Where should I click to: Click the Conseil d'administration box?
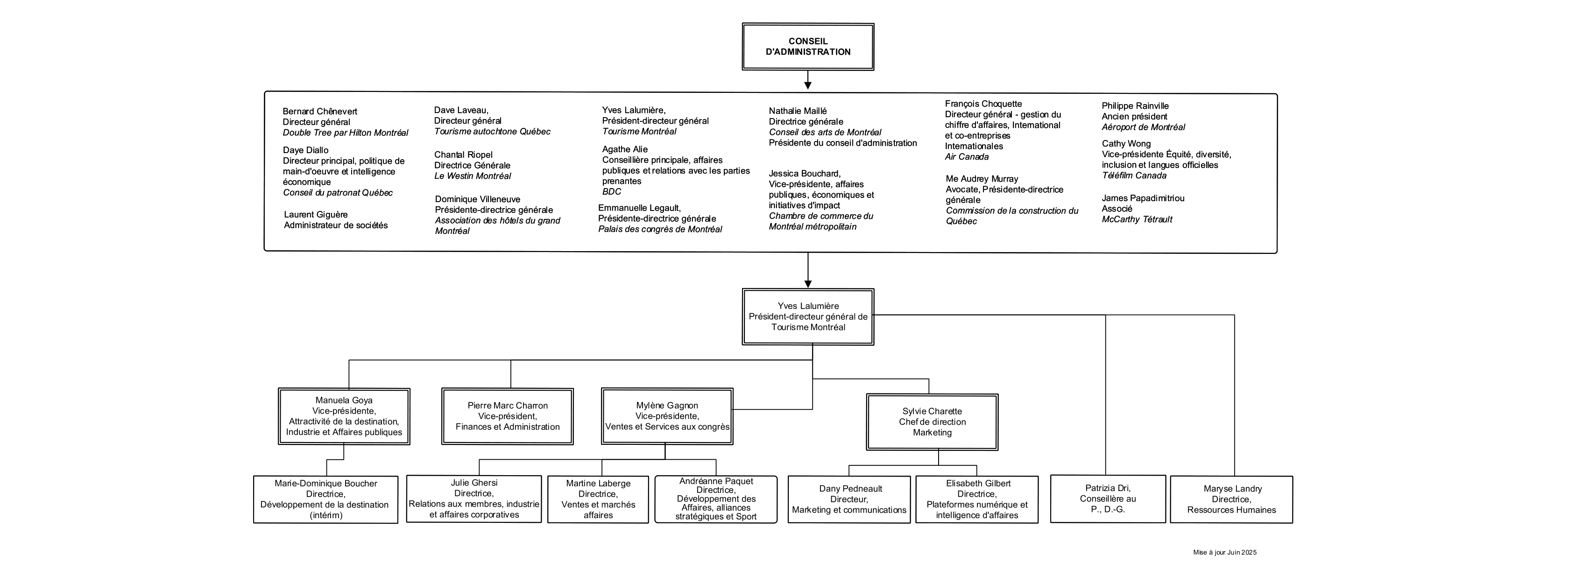pos(808,47)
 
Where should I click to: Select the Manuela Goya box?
pos(344,416)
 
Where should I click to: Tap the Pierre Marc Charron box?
pos(508,416)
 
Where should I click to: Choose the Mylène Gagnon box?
pos(667,416)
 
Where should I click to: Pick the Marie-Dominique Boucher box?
pos(326,499)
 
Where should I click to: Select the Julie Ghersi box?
pos(474,499)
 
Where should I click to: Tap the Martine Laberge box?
pos(598,499)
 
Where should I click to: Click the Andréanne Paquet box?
pos(716,499)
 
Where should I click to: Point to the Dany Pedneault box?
pos(849,499)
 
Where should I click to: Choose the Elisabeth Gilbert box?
pos(977,499)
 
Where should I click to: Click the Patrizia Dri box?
pos(1108,499)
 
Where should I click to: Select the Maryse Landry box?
pos(1231,499)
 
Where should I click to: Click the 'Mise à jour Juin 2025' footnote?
pos(1225,553)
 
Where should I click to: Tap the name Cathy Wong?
pos(1126,144)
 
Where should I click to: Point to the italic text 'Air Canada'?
pos(967,157)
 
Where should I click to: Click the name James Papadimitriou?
pos(1143,198)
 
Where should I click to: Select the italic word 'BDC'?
pos(612,192)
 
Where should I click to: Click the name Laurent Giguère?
pos(316,215)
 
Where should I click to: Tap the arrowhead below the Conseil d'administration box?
pos(808,86)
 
